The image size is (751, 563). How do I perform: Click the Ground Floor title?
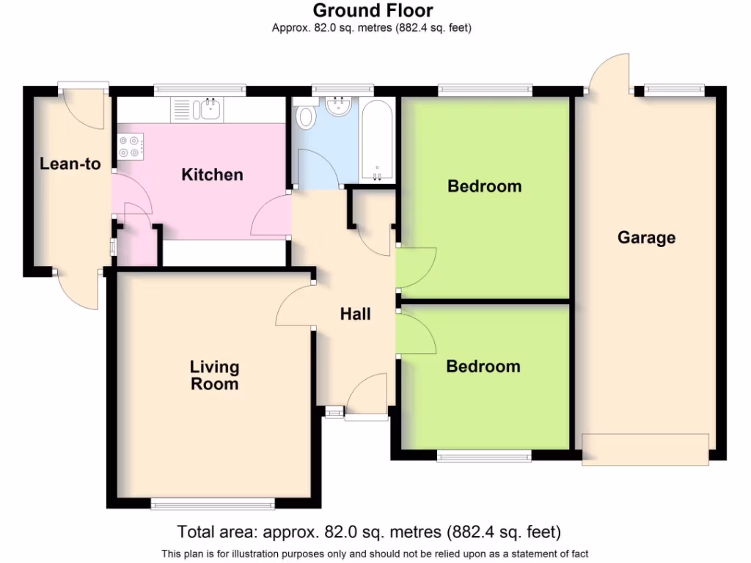point(373,11)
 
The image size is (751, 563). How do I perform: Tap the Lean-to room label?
point(70,164)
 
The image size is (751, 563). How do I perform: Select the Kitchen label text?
point(212,175)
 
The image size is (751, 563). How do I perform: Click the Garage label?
point(646,238)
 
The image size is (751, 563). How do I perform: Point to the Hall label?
point(356,314)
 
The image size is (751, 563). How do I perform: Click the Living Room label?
point(214,375)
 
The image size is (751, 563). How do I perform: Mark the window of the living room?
point(212,504)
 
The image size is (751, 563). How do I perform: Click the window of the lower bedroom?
point(484,457)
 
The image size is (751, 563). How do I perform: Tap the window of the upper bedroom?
point(485,89)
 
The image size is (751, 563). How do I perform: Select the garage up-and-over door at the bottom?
point(645,448)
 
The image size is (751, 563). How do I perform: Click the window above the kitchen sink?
point(199,89)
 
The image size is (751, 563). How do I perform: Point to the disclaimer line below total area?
point(374,553)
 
